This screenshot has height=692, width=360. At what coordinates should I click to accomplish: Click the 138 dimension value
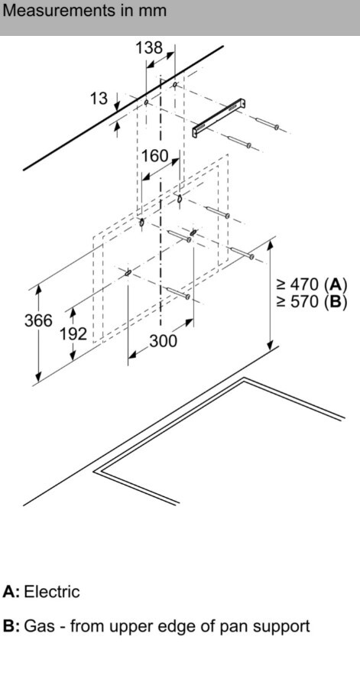point(149,47)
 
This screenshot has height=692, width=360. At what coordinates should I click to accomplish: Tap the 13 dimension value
point(99,98)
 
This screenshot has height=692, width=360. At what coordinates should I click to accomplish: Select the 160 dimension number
point(155,155)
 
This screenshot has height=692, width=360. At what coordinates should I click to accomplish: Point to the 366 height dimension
point(38,320)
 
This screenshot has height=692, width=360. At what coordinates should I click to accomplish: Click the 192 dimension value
point(73,333)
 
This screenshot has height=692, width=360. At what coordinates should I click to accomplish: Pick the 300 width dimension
point(163,341)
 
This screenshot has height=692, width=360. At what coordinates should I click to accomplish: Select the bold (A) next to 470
point(336,284)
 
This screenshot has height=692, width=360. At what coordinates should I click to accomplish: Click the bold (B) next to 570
point(336,302)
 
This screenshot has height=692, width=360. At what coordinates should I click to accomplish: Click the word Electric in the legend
point(52,591)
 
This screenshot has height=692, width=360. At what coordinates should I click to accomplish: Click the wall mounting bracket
point(219,119)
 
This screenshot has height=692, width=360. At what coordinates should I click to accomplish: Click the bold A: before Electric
point(11,591)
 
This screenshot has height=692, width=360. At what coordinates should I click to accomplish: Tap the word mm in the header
point(154,11)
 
